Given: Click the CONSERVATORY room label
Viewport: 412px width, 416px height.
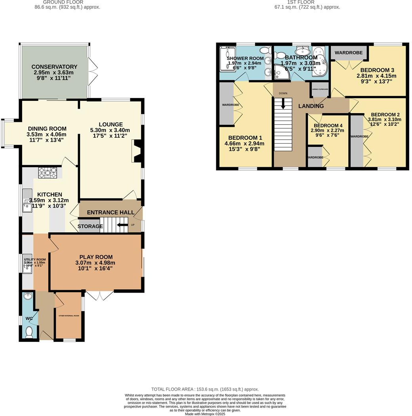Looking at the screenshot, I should tap(54, 67).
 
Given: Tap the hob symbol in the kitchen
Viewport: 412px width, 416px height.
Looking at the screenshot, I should tap(48, 173).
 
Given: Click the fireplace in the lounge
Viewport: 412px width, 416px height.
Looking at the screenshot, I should tap(137, 151).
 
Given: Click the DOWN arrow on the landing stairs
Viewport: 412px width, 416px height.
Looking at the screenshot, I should tap(283, 103).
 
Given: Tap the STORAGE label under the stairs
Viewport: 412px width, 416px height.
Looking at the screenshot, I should tap(90, 226).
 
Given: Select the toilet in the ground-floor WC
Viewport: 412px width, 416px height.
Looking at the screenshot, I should tap(29, 332).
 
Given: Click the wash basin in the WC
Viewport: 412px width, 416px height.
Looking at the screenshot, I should tap(27, 297).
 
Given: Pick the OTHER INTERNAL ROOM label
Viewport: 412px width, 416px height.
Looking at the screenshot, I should tap(69, 316).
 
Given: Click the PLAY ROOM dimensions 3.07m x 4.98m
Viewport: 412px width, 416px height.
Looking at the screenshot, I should tap(95, 263).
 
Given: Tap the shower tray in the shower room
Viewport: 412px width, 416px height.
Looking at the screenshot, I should tap(227, 60).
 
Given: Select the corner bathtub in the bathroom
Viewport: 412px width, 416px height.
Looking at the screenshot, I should tap(319, 62).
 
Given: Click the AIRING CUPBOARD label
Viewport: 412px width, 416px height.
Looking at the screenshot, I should tap(320, 89).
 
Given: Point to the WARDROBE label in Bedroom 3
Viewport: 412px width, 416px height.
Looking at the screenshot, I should tap(349, 52).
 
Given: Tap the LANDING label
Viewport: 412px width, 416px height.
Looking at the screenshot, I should tap(311, 106).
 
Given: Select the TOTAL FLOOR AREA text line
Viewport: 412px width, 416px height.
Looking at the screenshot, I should tap(205, 389).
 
